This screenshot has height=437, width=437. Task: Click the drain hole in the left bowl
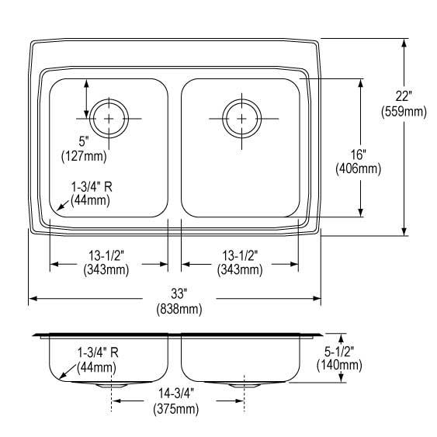pyautogui.click(x=109, y=118)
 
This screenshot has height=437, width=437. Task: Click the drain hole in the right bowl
pyautogui.click(x=241, y=118)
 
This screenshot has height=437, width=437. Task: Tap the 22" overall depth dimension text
pyautogui.click(x=404, y=96)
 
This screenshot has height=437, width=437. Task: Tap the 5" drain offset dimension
pyautogui.click(x=83, y=140)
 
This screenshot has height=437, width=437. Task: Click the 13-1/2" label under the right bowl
pyautogui.click(x=240, y=254)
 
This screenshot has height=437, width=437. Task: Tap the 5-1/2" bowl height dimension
pyautogui.click(x=339, y=351)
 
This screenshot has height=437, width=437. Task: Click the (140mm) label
pyautogui.click(x=339, y=366)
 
